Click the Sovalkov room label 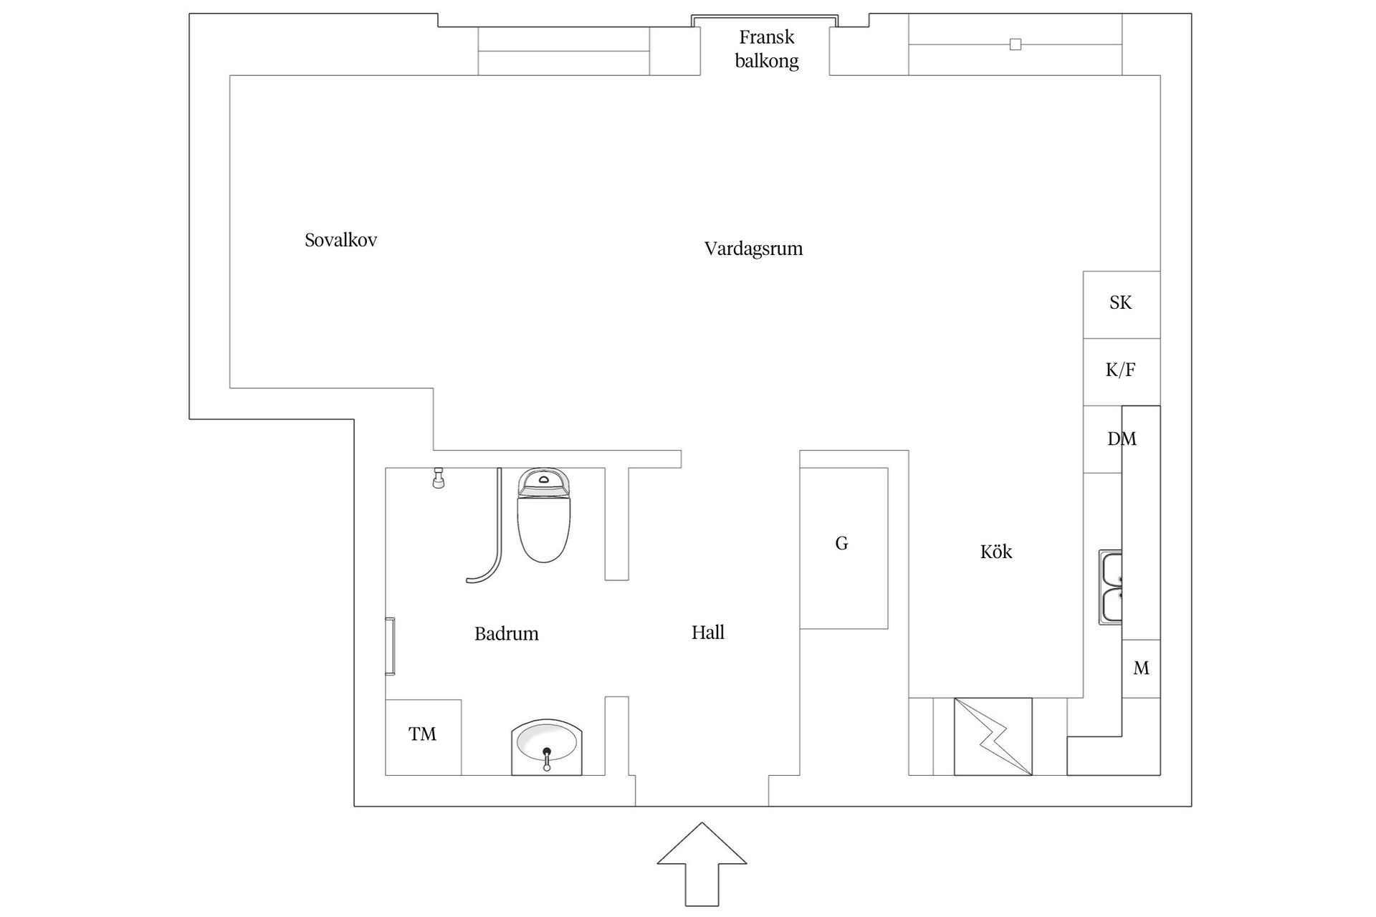pos(340,240)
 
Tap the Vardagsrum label pos(753,249)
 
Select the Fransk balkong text pos(766,49)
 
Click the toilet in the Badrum pos(543,516)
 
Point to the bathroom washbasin pos(547,745)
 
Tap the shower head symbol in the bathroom pos(439,478)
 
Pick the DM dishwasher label pos(1122,438)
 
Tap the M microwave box pos(1141,668)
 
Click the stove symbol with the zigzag pos(993,736)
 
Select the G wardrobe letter pos(841,544)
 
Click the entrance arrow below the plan pos(702,863)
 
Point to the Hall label pos(707,633)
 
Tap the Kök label pos(996,552)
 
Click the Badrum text pos(506,633)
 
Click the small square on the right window pos(1015,44)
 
